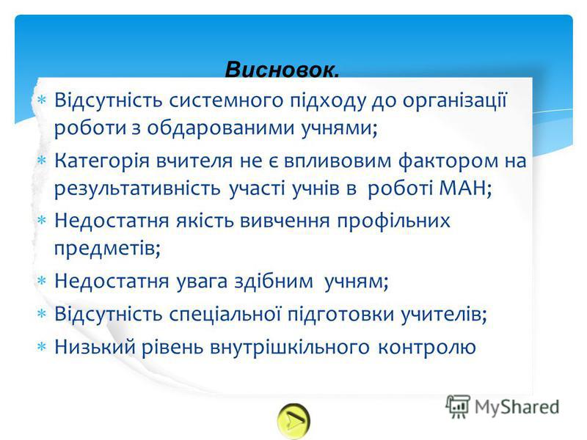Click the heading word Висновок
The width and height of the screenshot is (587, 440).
(x=282, y=70)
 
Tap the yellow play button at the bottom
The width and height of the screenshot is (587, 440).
(x=294, y=421)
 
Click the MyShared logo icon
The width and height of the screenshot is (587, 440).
(x=457, y=407)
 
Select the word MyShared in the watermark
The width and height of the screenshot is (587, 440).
(x=517, y=407)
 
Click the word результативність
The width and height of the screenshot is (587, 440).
(x=137, y=188)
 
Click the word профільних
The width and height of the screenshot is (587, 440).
(x=393, y=221)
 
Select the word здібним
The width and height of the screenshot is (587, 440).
(x=274, y=281)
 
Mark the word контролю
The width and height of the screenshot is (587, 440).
(x=427, y=348)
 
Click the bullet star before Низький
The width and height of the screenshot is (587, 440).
(x=41, y=347)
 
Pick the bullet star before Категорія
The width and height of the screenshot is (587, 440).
(x=41, y=161)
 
